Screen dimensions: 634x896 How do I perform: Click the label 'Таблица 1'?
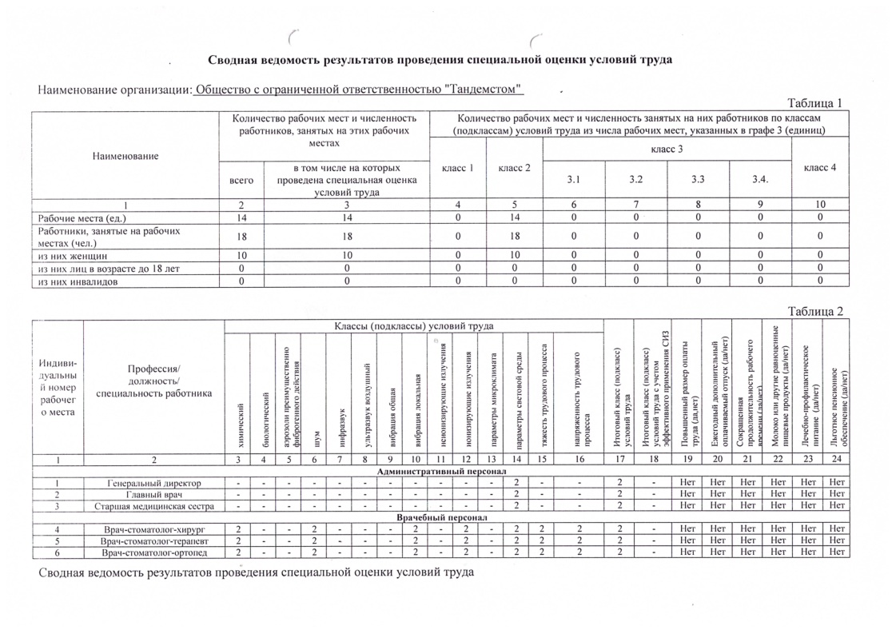click(x=815, y=104)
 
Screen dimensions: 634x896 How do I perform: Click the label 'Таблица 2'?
click(x=815, y=312)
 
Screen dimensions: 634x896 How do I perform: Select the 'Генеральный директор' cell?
click(x=153, y=483)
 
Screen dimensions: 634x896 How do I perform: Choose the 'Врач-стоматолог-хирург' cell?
click(x=153, y=530)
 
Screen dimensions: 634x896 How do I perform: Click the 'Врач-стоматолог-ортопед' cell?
click(x=153, y=552)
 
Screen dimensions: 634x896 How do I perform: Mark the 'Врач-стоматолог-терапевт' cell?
click(x=153, y=541)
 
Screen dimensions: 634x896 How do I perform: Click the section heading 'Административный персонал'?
click(x=440, y=472)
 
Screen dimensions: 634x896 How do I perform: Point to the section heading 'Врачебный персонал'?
click(x=440, y=518)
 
